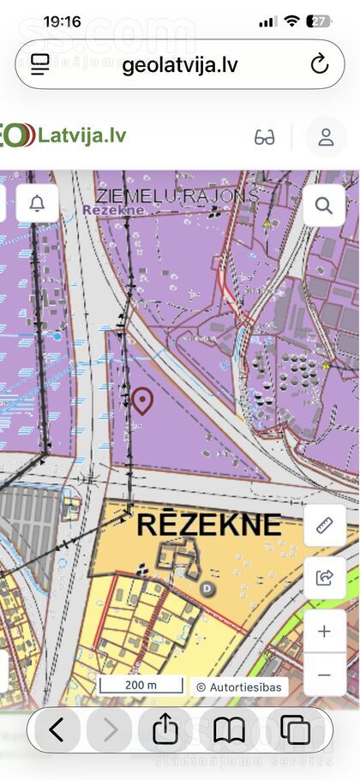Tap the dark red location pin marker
click(142, 400)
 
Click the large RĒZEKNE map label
click(208, 524)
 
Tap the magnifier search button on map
click(324, 206)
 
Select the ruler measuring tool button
click(325, 525)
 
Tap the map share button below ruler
click(325, 578)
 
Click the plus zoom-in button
click(325, 632)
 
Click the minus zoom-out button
click(325, 675)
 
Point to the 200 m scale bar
click(141, 685)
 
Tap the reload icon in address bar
click(320, 64)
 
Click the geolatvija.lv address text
click(180, 65)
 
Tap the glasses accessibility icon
click(265, 137)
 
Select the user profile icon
click(326, 137)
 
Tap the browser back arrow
click(57, 730)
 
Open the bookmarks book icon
click(229, 730)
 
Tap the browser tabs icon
click(296, 730)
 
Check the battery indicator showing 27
click(319, 21)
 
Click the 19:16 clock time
click(62, 21)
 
